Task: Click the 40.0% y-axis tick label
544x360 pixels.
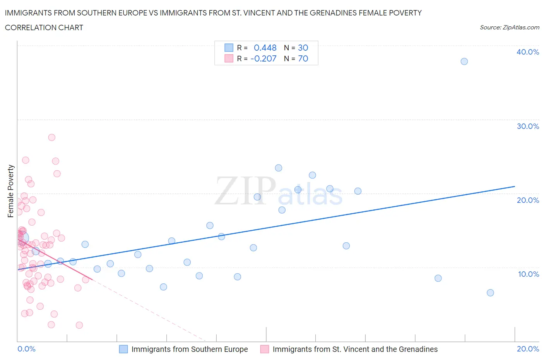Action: tap(527, 52)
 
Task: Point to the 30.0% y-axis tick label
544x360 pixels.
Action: tap(527, 126)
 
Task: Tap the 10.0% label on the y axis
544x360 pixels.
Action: tap(528, 274)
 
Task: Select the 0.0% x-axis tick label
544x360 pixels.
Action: tap(26, 349)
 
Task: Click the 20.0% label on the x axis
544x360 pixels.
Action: tap(528, 349)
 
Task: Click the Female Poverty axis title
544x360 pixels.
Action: tap(11, 191)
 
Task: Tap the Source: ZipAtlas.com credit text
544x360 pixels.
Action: tap(509, 27)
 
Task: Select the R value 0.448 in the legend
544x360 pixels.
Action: tap(265, 48)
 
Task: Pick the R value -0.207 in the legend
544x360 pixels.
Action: tap(263, 58)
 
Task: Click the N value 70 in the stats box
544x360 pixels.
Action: tap(303, 58)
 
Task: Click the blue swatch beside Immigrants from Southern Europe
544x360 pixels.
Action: tap(123, 349)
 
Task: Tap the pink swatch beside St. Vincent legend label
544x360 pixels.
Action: tap(265, 349)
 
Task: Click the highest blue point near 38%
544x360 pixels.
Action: tap(464, 62)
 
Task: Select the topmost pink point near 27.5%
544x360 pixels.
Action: tap(51, 137)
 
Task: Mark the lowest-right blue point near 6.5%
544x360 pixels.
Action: tap(490, 293)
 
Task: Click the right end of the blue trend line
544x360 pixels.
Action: tap(515, 187)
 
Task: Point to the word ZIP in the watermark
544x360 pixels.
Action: tap(245, 191)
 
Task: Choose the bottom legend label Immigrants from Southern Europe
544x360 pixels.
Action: tap(190, 349)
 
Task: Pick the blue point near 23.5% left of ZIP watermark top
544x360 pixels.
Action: tap(279, 168)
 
